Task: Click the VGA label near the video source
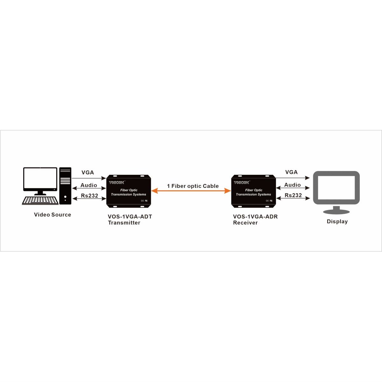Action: tap(88, 173)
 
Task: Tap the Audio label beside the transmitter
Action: tap(88, 185)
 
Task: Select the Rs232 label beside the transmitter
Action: tap(89, 195)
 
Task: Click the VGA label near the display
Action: tap(291, 172)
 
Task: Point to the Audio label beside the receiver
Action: tap(292, 185)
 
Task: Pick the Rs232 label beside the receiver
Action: tap(293, 195)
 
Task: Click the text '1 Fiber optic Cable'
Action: tap(193, 186)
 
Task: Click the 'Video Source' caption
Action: tap(53, 215)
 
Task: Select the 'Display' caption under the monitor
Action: tap(337, 222)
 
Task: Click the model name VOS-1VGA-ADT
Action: tap(130, 217)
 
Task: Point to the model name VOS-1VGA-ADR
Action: tap(255, 217)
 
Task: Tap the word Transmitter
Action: tap(124, 223)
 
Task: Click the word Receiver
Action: tap(245, 223)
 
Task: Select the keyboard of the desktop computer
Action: tap(40, 200)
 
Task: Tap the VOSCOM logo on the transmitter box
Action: tap(117, 183)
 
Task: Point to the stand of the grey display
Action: tap(336, 210)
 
